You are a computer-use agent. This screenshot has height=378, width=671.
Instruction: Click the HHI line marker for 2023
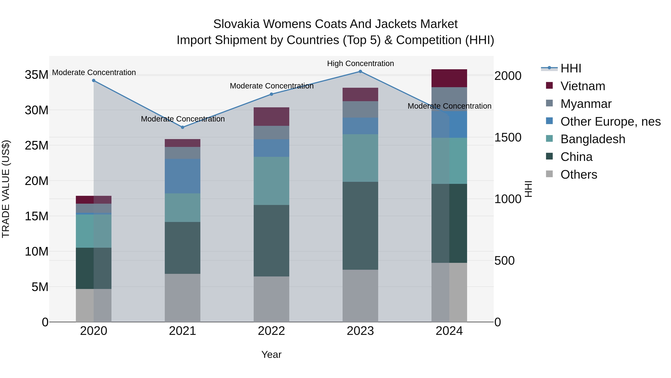tap(360, 71)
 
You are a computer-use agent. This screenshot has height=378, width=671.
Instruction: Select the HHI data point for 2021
tap(183, 127)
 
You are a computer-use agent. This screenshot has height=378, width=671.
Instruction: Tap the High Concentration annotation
tap(360, 64)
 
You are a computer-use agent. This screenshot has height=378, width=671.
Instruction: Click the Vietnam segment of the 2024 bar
tap(449, 78)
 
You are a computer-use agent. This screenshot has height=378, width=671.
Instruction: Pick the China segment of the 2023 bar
tap(360, 226)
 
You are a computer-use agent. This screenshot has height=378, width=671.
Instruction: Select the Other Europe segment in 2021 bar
tap(183, 176)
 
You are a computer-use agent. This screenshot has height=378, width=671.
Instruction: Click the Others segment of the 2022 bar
tap(271, 299)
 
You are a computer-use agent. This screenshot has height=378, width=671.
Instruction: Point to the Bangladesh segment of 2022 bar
tap(271, 181)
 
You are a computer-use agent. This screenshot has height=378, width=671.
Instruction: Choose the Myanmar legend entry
tap(586, 104)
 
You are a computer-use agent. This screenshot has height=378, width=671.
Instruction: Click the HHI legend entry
tap(571, 68)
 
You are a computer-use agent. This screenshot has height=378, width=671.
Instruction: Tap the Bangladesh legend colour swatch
tap(549, 139)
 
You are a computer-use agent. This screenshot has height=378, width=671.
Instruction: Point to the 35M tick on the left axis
tap(37, 75)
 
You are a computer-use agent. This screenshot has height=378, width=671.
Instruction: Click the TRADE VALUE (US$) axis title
tap(6, 189)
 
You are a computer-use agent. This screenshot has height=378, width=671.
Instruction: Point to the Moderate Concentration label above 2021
tap(183, 119)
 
